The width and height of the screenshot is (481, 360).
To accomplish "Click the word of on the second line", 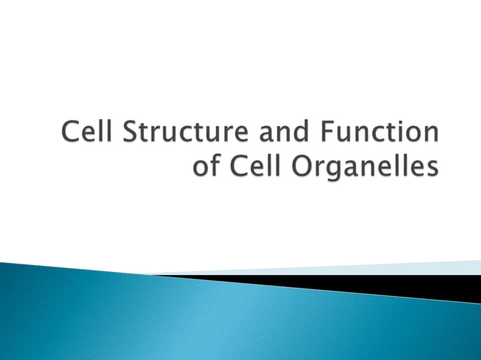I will pos(207,166).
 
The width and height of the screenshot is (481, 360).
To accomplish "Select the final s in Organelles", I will pos(432,169).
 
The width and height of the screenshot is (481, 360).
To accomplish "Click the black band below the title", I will pos(377,285).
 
